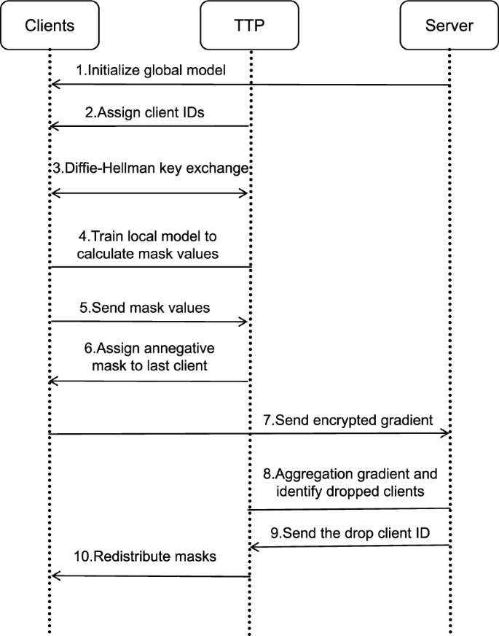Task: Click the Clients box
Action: tap(50, 26)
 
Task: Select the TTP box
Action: tap(250, 26)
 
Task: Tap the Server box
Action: tap(449, 26)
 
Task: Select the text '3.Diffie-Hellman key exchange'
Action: tap(151, 168)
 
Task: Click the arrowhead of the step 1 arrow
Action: tap(54, 85)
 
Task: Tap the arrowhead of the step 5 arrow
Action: tap(245, 321)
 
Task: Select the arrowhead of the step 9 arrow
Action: tap(255, 546)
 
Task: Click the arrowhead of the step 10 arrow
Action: tap(54, 576)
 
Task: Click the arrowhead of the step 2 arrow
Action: tap(54, 126)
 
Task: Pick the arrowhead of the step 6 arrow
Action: tap(54, 381)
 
